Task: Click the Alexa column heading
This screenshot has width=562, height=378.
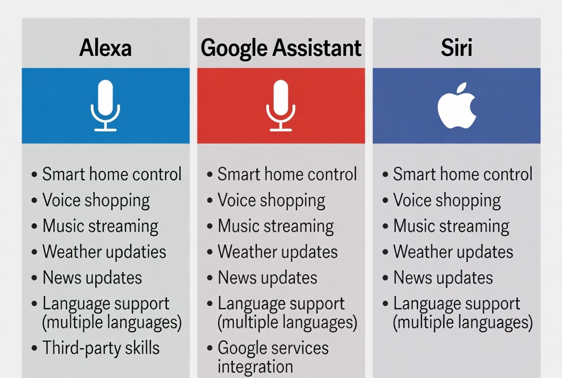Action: [105, 48]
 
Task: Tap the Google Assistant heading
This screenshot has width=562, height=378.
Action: [281, 48]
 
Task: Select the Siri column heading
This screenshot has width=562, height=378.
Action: [456, 48]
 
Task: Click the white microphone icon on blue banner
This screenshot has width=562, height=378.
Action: [105, 106]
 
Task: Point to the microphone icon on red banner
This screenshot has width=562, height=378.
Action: [281, 106]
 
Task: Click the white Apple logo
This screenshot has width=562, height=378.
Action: [456, 106]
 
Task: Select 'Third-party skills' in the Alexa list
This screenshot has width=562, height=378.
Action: [101, 348]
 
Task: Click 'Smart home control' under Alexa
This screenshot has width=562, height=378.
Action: [112, 175]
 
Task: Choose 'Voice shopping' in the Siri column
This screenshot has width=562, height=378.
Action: [447, 201]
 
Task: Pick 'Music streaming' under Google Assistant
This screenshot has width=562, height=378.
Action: [276, 226]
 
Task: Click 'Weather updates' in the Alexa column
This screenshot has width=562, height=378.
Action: [104, 252]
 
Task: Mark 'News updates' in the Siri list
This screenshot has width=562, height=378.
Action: [443, 278]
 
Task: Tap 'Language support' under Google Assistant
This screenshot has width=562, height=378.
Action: [281, 304]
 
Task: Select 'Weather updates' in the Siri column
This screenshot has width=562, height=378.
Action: [453, 252]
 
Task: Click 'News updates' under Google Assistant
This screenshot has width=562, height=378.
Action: [268, 278]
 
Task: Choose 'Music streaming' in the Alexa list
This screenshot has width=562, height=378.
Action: [100, 226]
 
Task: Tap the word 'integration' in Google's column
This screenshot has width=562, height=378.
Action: [255, 366]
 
